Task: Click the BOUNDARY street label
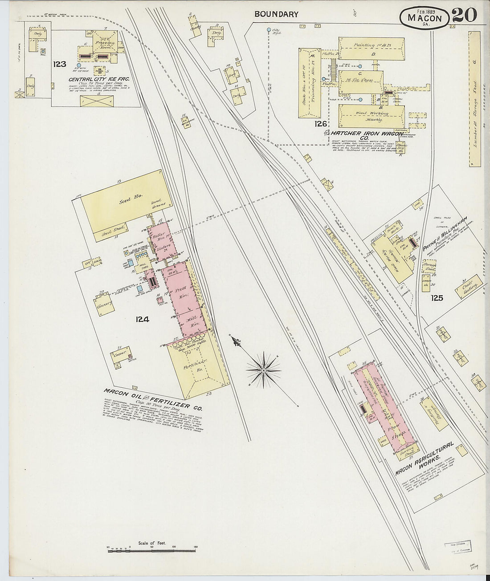coord(276,14)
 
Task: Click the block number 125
coord(437,298)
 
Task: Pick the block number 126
coord(320,124)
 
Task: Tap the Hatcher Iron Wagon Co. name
coord(366,134)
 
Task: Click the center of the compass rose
coord(264,370)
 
